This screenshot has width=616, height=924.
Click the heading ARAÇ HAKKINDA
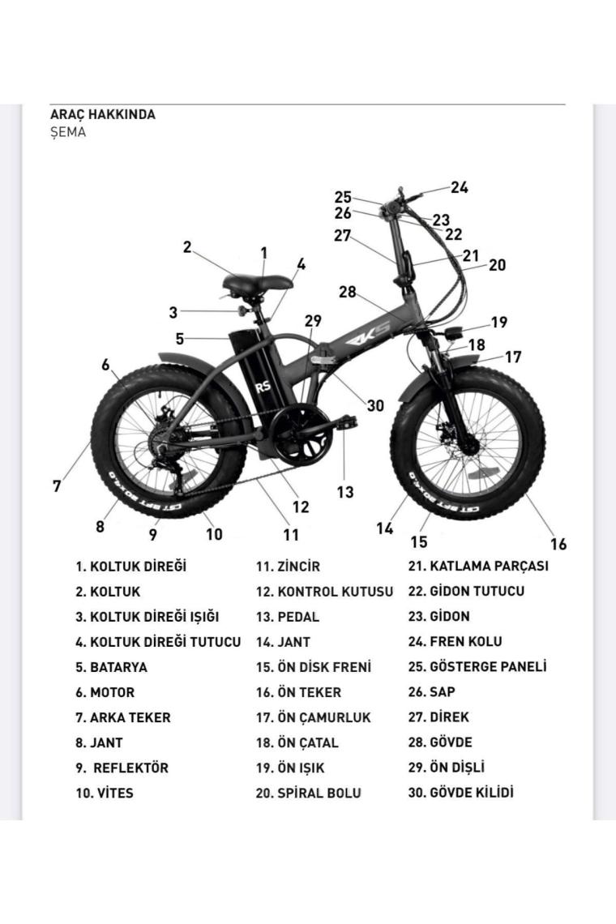[103, 114]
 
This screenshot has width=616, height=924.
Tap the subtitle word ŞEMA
[68, 132]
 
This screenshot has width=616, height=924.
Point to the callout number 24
[460, 187]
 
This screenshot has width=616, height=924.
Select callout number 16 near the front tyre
[558, 544]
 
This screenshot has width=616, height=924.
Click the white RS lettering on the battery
[263, 387]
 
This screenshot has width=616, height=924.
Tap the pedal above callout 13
[344, 422]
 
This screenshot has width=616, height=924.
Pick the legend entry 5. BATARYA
[111, 668]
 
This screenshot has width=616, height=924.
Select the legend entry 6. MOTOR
[105, 692]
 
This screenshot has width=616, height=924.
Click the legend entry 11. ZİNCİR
[288, 567]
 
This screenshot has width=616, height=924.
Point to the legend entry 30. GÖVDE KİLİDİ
[461, 793]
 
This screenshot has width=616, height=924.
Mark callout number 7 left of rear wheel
[57, 486]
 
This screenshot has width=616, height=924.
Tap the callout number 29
[313, 321]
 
